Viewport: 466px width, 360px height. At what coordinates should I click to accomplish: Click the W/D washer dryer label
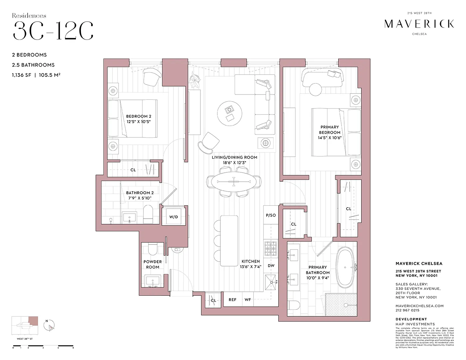(x=173, y=217)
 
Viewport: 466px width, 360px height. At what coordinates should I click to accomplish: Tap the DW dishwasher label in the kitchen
(x=271, y=266)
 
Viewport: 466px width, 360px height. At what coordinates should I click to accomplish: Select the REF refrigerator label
(x=232, y=300)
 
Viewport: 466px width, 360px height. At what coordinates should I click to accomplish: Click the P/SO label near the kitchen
(x=271, y=215)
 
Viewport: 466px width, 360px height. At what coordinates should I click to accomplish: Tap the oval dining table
(x=234, y=182)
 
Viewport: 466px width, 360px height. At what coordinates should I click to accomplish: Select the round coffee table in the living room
(x=230, y=113)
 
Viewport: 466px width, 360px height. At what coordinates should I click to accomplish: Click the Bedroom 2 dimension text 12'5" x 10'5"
(x=138, y=122)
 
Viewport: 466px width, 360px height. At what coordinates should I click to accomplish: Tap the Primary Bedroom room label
(x=330, y=130)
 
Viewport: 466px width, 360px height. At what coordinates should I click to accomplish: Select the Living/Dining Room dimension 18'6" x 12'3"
(x=234, y=163)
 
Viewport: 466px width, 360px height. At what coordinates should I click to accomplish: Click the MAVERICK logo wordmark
(x=419, y=24)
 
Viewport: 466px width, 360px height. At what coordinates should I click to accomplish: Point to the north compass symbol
(x=50, y=326)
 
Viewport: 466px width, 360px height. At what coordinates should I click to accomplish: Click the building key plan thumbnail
(x=25, y=326)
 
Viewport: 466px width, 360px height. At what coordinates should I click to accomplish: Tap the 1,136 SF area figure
(x=22, y=75)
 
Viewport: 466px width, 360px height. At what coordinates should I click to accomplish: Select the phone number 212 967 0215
(x=407, y=310)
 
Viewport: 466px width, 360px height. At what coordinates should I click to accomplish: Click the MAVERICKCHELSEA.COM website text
(x=419, y=306)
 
